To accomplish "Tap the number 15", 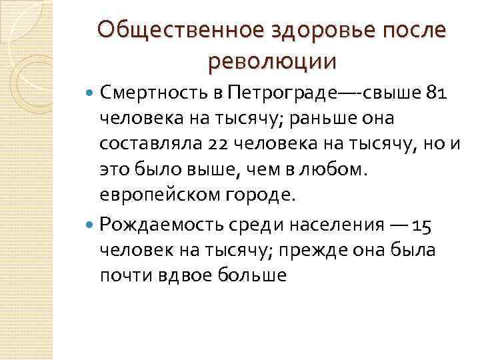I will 423,224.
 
